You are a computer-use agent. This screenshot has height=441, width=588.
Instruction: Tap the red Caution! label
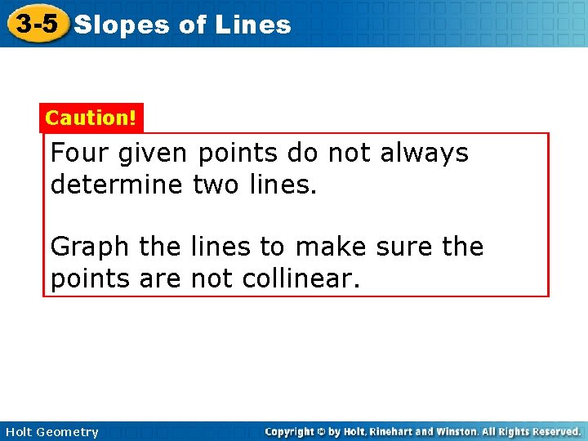(x=91, y=118)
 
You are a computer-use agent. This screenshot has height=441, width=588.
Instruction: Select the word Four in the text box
(x=78, y=153)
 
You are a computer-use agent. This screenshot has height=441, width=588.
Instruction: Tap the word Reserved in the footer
(x=555, y=431)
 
